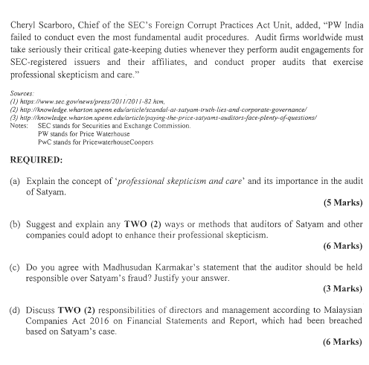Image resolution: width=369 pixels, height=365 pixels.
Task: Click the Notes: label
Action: tap(21, 126)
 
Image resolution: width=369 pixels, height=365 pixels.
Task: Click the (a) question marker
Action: tap(16, 181)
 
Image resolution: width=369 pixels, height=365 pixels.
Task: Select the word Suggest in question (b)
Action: tap(42, 223)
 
